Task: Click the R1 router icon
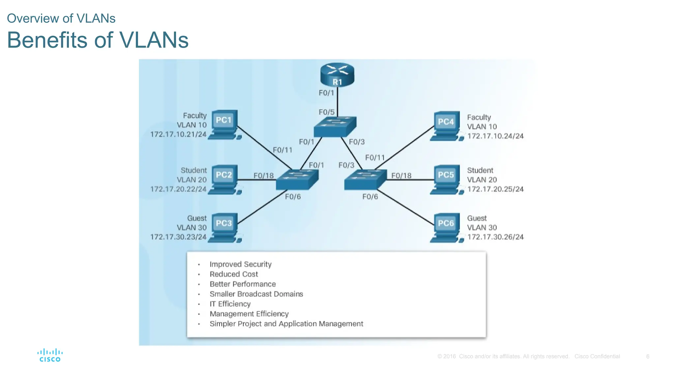pyautogui.click(x=337, y=75)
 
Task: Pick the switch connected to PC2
pyautogui.click(x=297, y=180)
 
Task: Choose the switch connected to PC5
pyautogui.click(x=365, y=180)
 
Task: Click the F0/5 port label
pyautogui.click(x=326, y=112)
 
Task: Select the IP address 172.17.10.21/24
pyautogui.click(x=178, y=134)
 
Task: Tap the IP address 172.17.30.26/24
pyautogui.click(x=495, y=237)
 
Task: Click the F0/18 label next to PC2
pyautogui.click(x=263, y=175)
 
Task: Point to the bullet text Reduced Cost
pyautogui.click(x=234, y=274)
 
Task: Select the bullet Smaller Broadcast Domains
pyautogui.click(x=256, y=294)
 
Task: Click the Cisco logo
pyautogui.click(x=50, y=355)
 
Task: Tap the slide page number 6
pyautogui.click(x=647, y=356)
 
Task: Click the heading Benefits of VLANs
pyautogui.click(x=98, y=40)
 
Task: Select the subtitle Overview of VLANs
pyautogui.click(x=61, y=18)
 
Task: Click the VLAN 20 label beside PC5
pyautogui.click(x=482, y=180)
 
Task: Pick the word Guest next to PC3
pyautogui.click(x=197, y=218)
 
